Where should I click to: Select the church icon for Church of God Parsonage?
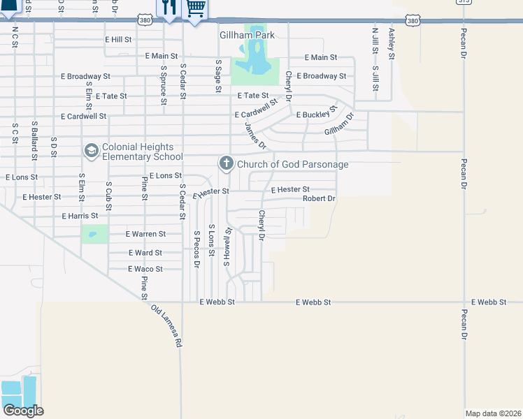226,164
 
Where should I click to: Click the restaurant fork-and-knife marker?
169,8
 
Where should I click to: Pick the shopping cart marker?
195,8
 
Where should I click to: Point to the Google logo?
23,411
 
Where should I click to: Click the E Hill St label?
118,40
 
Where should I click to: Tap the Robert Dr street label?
319,199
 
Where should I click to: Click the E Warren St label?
145,235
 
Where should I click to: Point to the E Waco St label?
145,269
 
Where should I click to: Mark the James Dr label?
255,135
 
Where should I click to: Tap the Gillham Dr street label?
339,126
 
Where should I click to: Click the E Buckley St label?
317,113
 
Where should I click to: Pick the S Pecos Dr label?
197,249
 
